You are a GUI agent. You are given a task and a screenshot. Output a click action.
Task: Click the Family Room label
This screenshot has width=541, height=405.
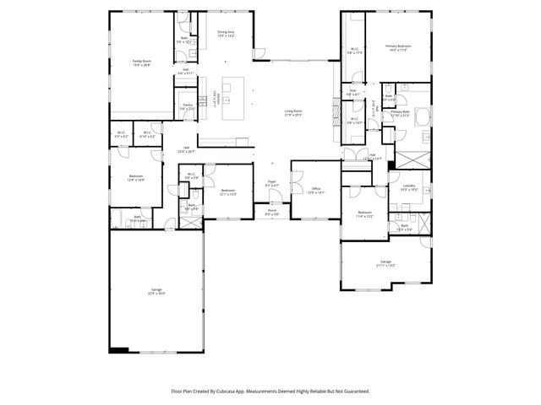[141, 62]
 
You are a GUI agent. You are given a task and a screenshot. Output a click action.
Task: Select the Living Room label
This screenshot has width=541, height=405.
[293, 113]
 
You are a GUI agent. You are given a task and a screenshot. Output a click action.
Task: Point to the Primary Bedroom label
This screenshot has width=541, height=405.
[397, 48]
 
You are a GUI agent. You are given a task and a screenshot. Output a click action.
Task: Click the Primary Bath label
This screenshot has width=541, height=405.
[400, 113]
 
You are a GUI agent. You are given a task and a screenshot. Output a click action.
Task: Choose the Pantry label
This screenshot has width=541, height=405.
[187, 107]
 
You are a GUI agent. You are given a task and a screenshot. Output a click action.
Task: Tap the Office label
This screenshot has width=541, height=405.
[315, 190]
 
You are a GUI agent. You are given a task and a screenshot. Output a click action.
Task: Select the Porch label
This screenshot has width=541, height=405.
[272, 212]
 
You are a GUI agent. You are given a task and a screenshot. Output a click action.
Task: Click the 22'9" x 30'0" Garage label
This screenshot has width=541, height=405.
[156, 291]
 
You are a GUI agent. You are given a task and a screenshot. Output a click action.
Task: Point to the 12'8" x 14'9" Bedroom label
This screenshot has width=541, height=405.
[135, 178]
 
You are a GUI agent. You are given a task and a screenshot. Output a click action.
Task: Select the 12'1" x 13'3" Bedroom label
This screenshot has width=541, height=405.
[227, 192]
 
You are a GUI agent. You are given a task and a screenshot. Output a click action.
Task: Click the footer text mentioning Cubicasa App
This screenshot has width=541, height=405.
[270, 391]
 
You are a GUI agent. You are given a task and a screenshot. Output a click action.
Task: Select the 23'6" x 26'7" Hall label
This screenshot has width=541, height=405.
[186, 149]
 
